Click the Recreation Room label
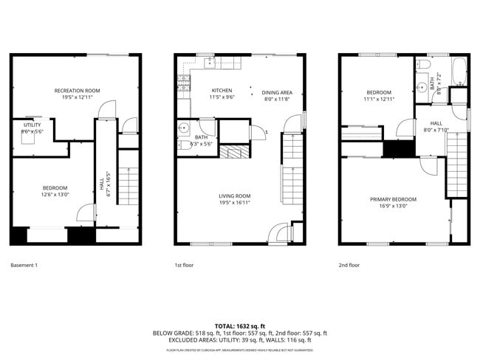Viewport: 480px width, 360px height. pos(77,91)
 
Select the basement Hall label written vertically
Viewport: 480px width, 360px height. pos(102,178)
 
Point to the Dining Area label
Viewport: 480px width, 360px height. pos(277,93)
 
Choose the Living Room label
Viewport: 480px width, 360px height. pos(234,196)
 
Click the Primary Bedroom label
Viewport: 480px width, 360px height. pos(393,199)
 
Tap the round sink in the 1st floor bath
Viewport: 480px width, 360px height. pos(183,128)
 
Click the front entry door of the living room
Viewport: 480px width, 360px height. pos(278,234)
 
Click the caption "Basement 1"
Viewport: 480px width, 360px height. pos(24,265)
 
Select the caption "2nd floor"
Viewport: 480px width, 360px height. pos(349,265)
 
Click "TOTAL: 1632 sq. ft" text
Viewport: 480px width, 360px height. pos(239,325)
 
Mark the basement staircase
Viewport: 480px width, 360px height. pos(128,185)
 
